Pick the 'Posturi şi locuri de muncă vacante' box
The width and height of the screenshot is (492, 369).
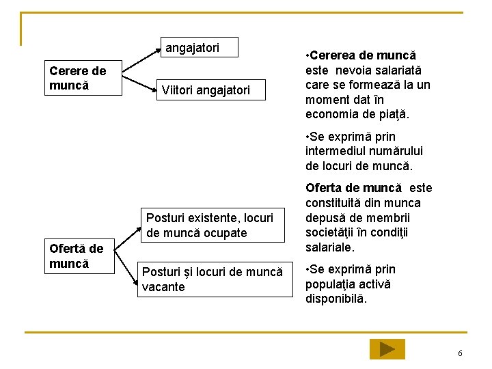(213, 279)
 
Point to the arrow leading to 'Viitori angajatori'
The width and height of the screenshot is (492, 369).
(137, 83)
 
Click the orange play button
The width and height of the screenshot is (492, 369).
(387, 349)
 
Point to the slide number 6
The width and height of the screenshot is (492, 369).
(460, 353)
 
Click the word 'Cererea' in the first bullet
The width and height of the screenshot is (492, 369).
(333, 55)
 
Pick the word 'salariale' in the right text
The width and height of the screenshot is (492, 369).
(331, 247)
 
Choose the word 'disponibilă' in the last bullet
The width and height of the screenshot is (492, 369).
(336, 299)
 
